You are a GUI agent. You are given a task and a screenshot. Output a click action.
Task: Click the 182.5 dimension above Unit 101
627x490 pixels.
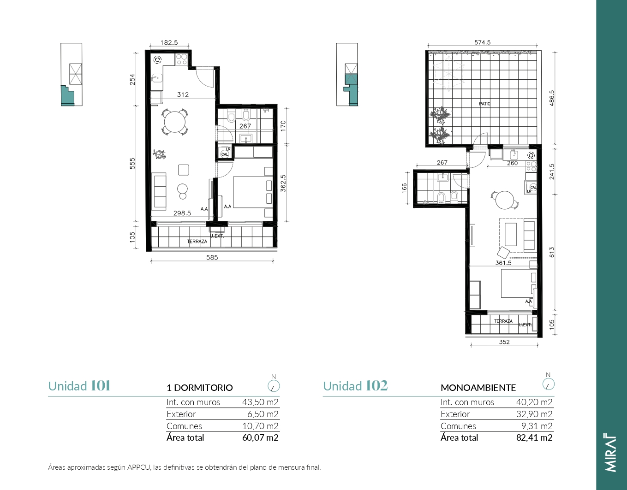(x=169, y=43)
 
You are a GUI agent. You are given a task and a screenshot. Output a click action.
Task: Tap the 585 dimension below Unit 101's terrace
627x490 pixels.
(x=212, y=257)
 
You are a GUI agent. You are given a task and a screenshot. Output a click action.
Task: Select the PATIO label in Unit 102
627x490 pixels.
(x=485, y=104)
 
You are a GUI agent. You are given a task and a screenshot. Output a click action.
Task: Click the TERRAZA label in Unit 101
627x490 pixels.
(x=197, y=242)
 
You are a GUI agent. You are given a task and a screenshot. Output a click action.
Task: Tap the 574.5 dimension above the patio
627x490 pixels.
(x=483, y=42)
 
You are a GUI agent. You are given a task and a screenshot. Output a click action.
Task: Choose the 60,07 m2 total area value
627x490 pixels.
(x=260, y=437)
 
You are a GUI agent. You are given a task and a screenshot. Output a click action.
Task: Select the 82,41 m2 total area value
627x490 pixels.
(x=534, y=437)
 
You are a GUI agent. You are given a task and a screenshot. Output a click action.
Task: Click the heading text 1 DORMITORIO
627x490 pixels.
(x=200, y=388)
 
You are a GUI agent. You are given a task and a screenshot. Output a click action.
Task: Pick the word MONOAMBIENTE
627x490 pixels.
(x=478, y=388)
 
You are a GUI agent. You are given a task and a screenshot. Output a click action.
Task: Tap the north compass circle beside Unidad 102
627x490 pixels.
(x=548, y=384)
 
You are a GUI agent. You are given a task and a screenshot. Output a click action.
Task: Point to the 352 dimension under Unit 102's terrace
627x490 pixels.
(x=504, y=342)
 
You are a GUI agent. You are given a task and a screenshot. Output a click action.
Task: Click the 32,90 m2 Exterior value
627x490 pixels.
(x=534, y=414)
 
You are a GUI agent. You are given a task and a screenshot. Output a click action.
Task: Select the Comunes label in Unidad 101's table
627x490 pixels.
(x=184, y=426)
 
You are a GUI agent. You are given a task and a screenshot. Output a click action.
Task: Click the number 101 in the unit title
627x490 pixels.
(x=101, y=386)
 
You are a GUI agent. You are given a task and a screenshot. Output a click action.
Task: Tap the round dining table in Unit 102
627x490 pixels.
(x=505, y=200)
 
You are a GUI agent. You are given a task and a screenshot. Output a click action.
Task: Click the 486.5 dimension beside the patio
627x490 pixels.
(x=552, y=98)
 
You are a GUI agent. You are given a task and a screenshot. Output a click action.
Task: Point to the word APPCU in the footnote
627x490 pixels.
(x=139, y=467)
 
